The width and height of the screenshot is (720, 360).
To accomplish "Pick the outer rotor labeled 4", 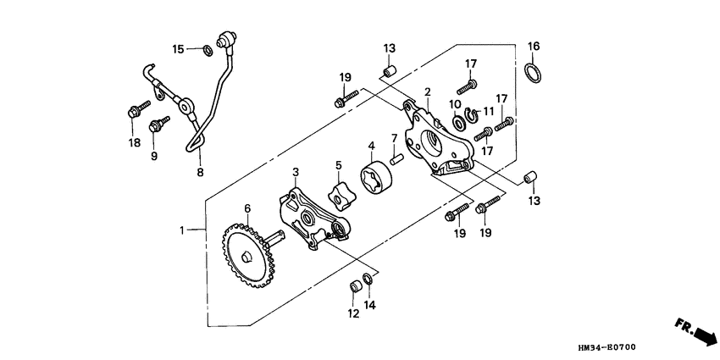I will [x=375, y=180].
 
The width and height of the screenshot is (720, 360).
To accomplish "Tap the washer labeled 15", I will [x=207, y=50].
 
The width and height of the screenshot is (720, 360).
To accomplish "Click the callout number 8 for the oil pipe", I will [x=200, y=172].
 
